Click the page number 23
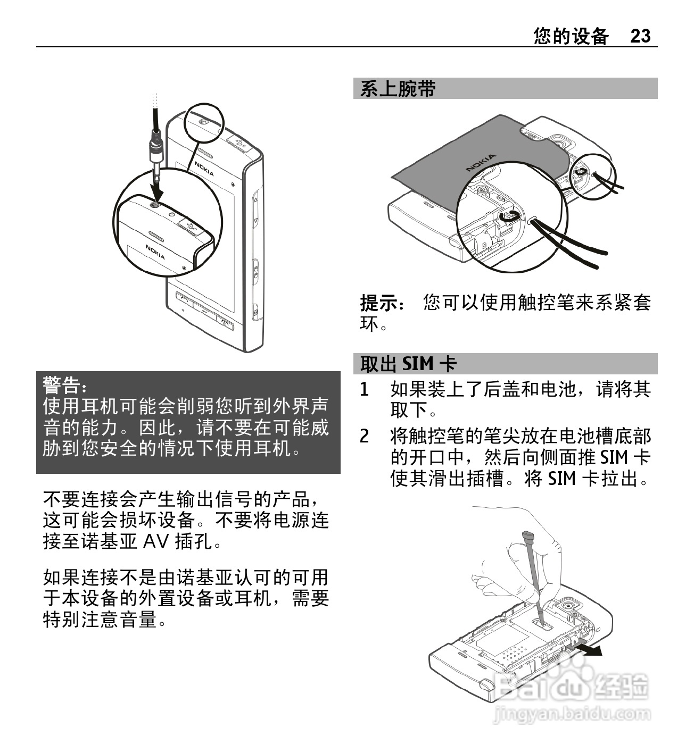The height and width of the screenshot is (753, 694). [640, 36]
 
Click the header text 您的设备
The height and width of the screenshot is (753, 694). [571, 36]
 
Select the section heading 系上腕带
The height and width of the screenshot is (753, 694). [398, 89]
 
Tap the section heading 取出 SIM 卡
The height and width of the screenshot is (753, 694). [408, 363]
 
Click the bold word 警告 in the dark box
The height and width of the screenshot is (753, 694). [61, 384]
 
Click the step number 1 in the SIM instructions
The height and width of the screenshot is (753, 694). [364, 389]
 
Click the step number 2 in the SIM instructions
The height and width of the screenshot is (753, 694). [364, 436]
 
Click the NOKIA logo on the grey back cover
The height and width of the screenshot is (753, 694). [481, 162]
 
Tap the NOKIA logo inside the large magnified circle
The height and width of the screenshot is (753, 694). [155, 252]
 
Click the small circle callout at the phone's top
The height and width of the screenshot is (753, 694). [204, 123]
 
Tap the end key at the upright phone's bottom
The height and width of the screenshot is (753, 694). [225, 323]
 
